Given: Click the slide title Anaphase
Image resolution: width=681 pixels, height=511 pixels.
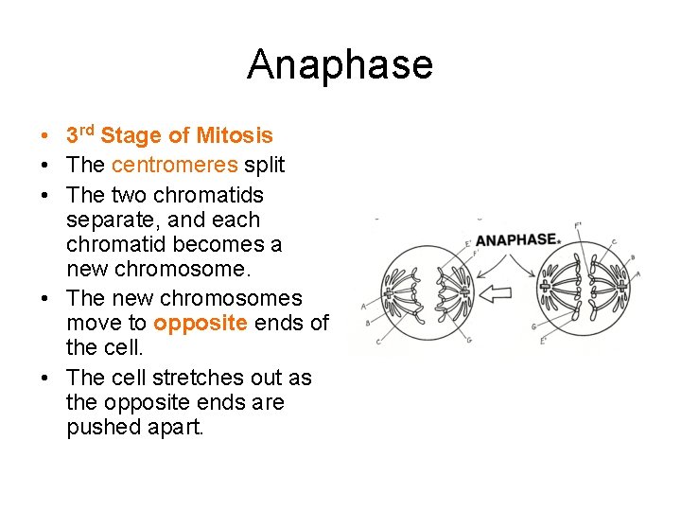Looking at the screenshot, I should (x=340, y=65).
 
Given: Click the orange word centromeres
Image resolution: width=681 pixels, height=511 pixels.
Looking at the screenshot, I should (x=175, y=165).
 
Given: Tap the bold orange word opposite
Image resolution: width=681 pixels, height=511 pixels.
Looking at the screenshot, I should (x=201, y=324).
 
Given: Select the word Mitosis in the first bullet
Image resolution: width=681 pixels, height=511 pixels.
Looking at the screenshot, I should (x=234, y=136).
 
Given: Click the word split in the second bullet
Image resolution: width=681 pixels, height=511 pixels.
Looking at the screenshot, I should (x=264, y=165).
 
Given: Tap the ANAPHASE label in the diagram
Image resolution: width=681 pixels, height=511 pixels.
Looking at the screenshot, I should (x=515, y=239).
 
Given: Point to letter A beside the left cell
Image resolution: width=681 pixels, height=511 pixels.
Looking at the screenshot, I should (x=365, y=305).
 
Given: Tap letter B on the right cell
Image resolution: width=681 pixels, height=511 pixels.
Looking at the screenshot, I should (x=632, y=256).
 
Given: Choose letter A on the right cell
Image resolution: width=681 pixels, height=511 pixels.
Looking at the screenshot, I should (x=637, y=273).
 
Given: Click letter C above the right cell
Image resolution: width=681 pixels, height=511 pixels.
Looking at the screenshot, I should (x=614, y=241).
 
